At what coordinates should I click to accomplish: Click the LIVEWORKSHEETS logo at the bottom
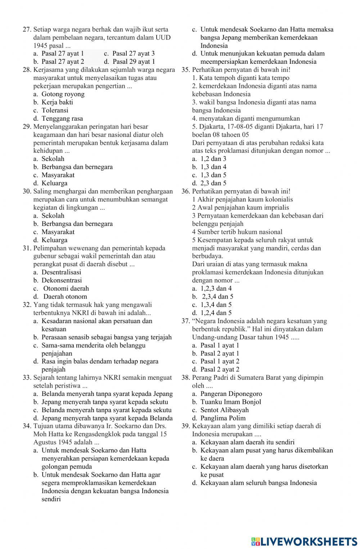[x=304, y=541]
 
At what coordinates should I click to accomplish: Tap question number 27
[x=27, y=30]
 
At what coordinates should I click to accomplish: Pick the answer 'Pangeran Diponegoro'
[x=231, y=394]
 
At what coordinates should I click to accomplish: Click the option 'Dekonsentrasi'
[x=62, y=280]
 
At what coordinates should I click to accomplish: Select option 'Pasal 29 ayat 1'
[x=134, y=62]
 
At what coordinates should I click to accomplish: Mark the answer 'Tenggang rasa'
[x=62, y=119]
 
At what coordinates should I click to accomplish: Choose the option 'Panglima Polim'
[x=223, y=418]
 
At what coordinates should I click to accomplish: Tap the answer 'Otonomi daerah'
[x=66, y=289]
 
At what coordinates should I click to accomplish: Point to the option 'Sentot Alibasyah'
[x=224, y=410]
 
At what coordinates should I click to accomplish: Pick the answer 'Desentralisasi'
[x=61, y=272]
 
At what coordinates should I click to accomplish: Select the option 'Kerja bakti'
[x=57, y=102]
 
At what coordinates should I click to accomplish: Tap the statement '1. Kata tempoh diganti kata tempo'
[x=240, y=78]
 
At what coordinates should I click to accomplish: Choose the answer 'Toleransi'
[x=55, y=111]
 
